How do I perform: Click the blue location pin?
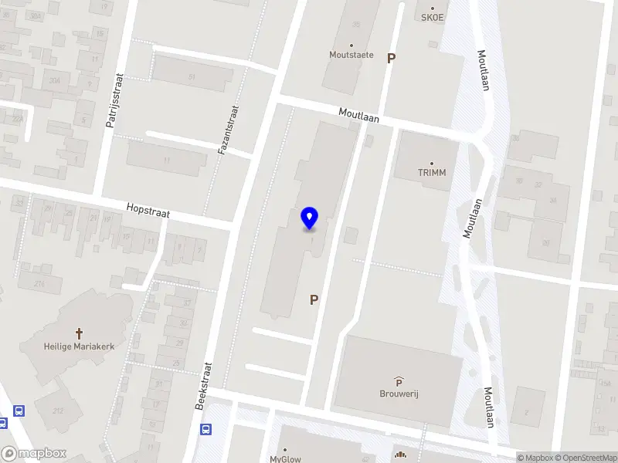pos(310,218)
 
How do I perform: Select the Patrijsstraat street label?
pos(118,110)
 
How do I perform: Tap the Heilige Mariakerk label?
pos(78,346)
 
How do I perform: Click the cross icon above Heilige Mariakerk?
pos(78,333)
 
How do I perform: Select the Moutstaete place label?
pos(351,55)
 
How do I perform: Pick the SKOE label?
pos(433,17)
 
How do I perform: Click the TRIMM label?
pos(432,172)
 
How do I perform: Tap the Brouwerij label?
pos(399,392)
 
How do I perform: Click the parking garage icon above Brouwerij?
pos(399,380)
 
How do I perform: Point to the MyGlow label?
pos(285,458)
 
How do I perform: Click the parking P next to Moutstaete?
pos(391,58)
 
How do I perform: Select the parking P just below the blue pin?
pos(314,299)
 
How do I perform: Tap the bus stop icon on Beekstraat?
pos(206,430)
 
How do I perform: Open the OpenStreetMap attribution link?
pos(584,458)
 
